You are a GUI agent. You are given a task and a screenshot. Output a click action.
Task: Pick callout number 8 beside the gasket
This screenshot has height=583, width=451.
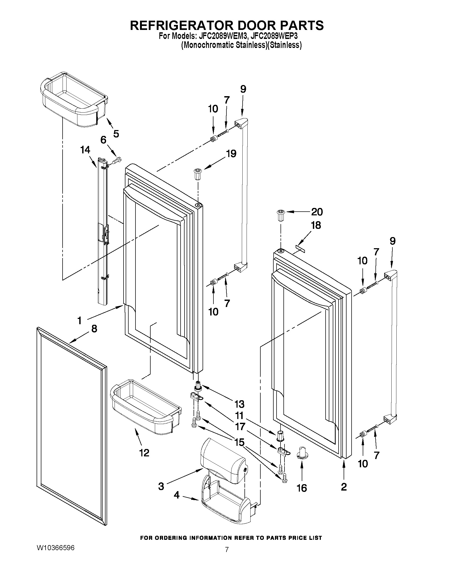click(94, 329)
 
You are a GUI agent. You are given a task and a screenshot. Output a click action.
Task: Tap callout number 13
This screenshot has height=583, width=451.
click(239, 404)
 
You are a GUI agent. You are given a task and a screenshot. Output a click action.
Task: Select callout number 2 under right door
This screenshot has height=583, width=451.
click(344, 487)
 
